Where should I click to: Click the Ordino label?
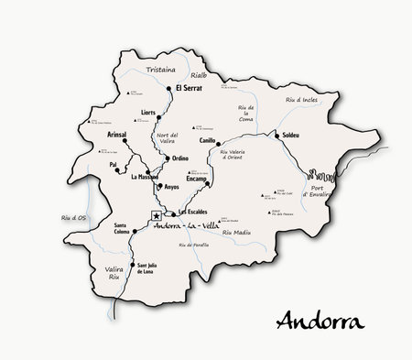[180, 158]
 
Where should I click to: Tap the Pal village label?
[113, 165]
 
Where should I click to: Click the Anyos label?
[172, 187]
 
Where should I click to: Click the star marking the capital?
[157, 216]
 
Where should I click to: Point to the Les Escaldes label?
[181, 213]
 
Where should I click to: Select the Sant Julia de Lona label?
[151, 268]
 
